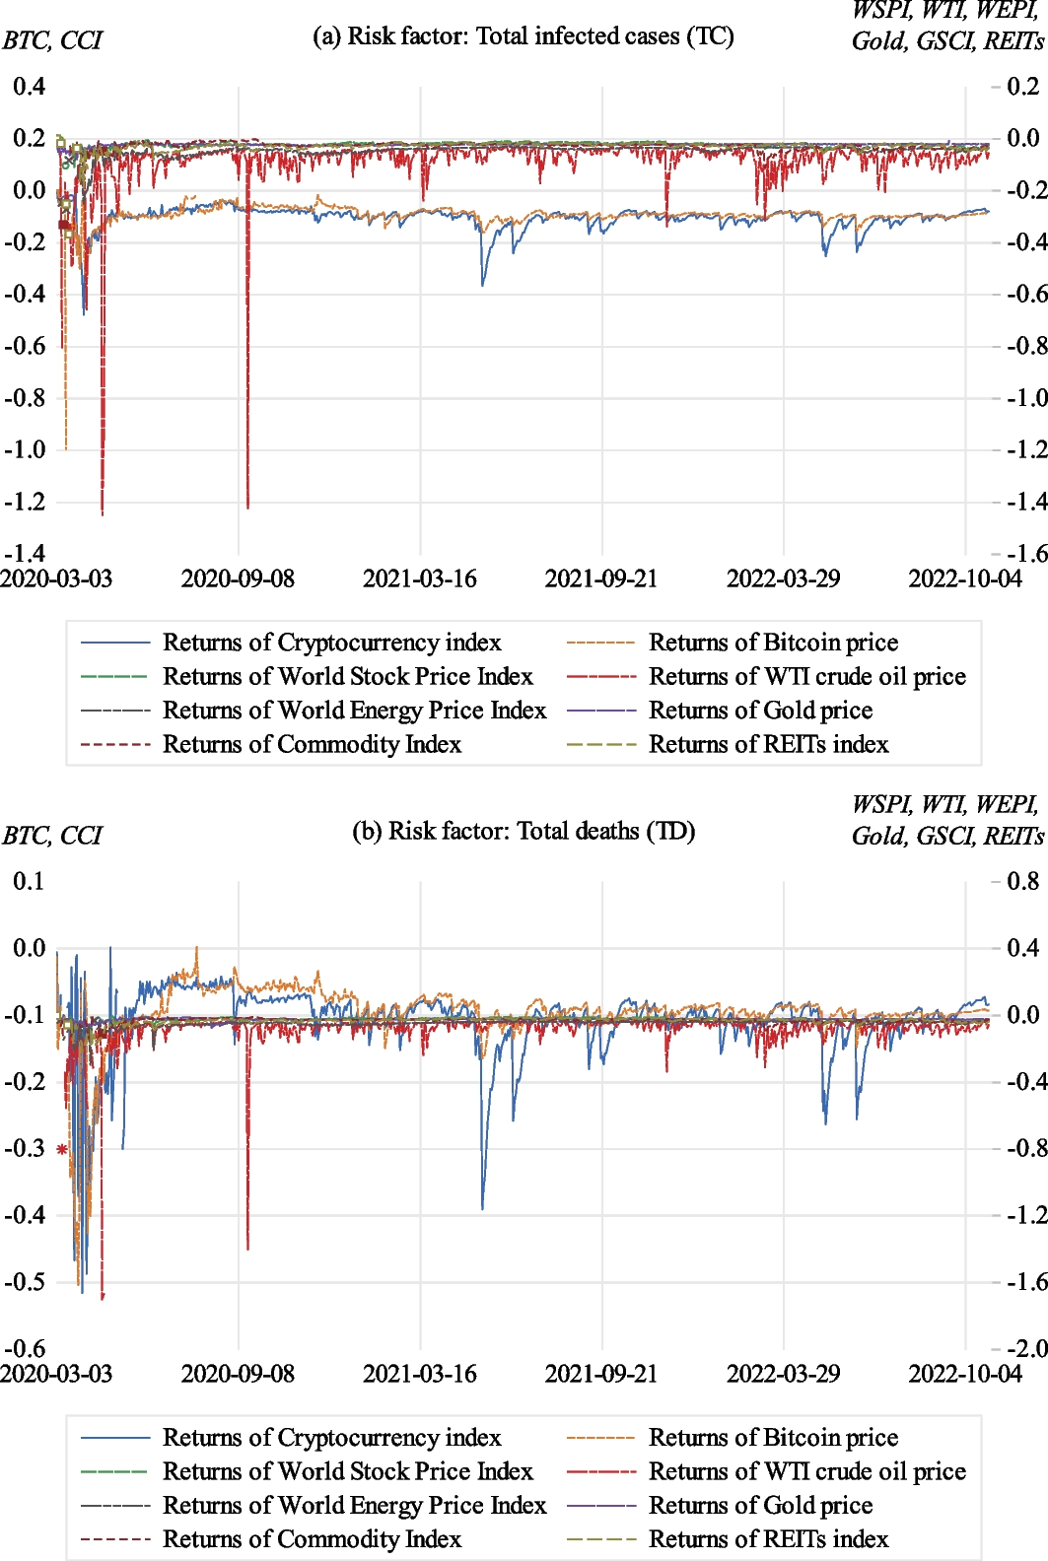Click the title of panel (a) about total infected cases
click(523, 36)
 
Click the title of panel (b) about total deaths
click(523, 832)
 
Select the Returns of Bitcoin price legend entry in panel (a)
click(773, 644)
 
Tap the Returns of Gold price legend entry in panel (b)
click(760, 1506)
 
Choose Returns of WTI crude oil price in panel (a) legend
click(806, 677)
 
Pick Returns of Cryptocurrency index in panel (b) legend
click(331, 1438)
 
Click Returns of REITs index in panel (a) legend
click(768, 745)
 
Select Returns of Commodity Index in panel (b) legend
click(312, 1539)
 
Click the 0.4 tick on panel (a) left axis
click(29, 87)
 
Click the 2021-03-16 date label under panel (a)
click(419, 578)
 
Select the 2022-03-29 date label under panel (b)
click(783, 1374)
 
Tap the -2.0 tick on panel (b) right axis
click(1024, 1348)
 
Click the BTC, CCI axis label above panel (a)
click(51, 41)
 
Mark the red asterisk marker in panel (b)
click(62, 1149)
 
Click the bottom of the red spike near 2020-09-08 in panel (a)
click(247, 508)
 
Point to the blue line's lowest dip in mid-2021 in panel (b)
click(482, 1208)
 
